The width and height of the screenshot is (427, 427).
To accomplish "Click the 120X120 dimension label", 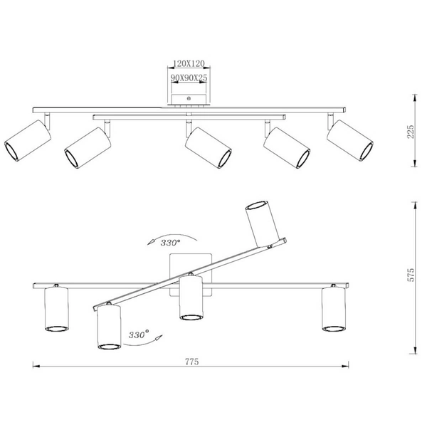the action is tap(189, 63).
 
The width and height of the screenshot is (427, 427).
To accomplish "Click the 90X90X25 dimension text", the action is tap(189, 78).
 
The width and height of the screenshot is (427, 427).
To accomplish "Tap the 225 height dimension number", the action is tap(411, 132).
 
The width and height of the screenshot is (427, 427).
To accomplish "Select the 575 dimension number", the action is tap(411, 275).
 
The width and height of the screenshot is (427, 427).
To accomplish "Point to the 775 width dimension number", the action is tap(192, 362).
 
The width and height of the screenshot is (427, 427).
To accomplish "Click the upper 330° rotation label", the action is tap(170, 243).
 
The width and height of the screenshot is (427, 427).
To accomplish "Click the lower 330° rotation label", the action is tap(139, 334).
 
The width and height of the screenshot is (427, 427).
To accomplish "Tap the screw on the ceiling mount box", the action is tap(189, 98).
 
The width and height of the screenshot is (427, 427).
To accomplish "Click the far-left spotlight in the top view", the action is tap(28, 140).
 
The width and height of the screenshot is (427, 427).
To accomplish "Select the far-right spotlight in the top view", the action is tap(350, 140).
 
